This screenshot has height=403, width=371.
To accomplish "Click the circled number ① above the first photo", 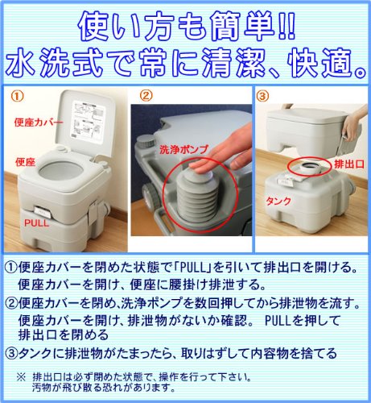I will point(17,93).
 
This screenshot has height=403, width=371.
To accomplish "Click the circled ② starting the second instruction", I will point(13,304).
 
